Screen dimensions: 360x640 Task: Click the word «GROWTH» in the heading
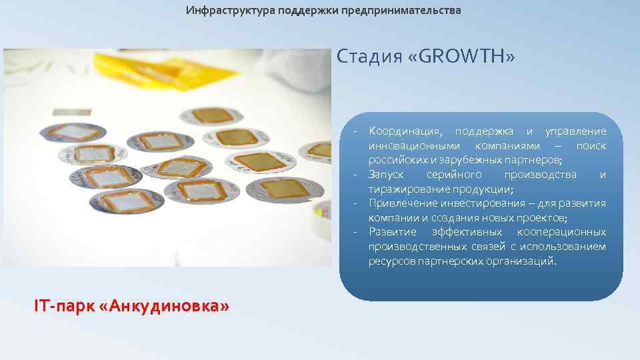467,57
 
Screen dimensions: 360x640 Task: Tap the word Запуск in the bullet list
385,175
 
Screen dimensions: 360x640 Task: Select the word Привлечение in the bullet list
402,203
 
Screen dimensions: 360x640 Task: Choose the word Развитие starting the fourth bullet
393,232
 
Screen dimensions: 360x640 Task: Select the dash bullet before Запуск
357,175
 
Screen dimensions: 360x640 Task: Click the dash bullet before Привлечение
357,203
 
